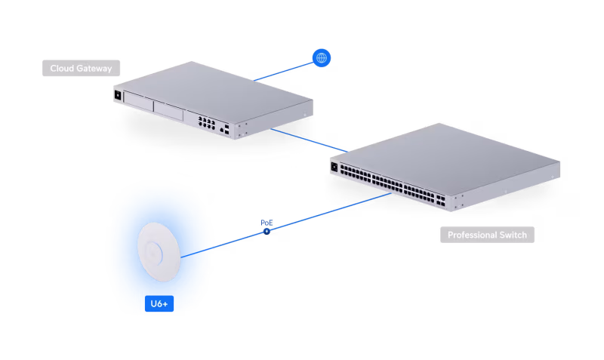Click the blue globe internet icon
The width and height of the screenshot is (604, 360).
322,57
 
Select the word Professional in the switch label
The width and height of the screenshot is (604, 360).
473,235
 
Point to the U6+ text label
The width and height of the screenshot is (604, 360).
159,303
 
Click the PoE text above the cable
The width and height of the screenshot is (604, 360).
267,223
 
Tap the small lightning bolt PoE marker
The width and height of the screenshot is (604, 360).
266,230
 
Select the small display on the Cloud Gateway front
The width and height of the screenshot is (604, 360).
118,95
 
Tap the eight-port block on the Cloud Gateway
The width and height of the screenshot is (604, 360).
205,122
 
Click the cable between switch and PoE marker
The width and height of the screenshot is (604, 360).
332,211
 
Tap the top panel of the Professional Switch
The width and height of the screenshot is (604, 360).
445,155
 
